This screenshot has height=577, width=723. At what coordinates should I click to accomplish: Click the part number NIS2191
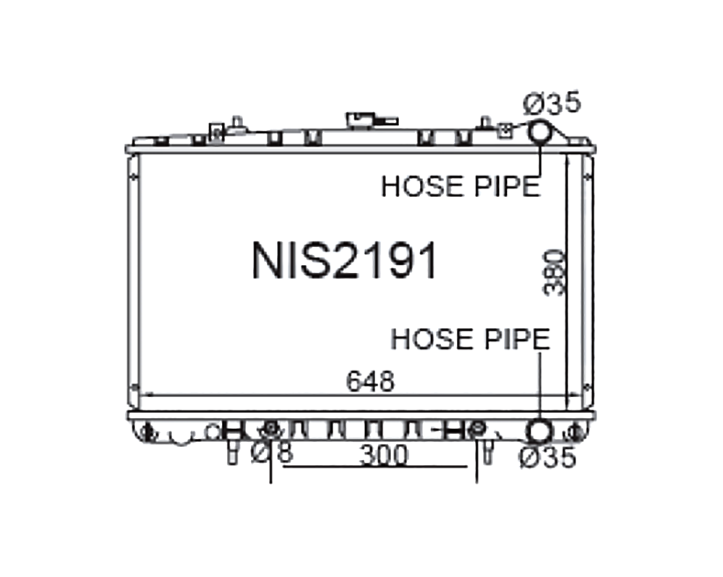point(344,261)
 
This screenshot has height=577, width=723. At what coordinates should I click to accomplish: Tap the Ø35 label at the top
point(552,103)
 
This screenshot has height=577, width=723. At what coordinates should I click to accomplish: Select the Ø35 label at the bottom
point(548,457)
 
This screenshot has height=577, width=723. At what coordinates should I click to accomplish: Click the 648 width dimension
point(370,381)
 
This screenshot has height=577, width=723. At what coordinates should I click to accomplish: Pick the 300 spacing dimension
point(384,455)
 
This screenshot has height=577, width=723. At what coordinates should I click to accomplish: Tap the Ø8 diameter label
point(272,453)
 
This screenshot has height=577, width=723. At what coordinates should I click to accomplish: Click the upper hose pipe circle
point(539,131)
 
